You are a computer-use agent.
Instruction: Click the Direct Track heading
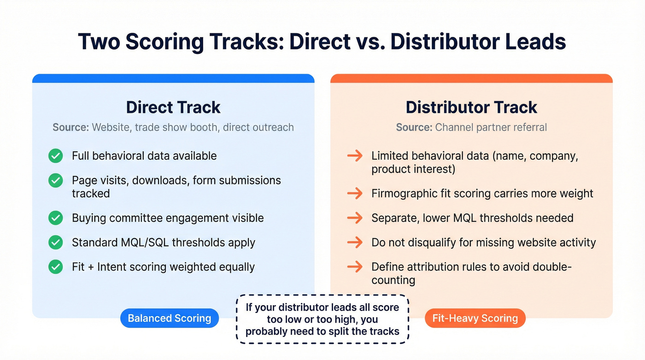[173, 107]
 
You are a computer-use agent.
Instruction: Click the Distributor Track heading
[471, 107]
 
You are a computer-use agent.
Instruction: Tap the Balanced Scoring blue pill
[170, 318]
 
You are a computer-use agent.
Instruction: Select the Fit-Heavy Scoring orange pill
[475, 318]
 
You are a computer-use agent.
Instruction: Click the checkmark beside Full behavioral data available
[56, 156]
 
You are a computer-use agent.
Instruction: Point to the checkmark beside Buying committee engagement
[56, 218]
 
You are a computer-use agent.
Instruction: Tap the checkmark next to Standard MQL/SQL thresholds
[56, 242]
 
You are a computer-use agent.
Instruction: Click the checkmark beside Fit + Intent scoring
[56, 266]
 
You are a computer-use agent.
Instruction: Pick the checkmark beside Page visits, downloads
[56, 180]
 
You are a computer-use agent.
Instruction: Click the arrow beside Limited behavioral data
[355, 156]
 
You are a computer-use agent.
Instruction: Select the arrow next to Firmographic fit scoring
[355, 193]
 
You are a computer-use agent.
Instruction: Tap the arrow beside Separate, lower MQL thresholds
[355, 218]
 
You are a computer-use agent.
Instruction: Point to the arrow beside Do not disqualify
[355, 242]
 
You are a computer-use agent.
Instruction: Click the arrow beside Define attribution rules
[355, 266]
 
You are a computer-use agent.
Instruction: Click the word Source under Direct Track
[70, 127]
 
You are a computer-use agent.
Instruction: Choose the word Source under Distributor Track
[414, 127]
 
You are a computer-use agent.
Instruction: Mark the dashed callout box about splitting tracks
[322, 319]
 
